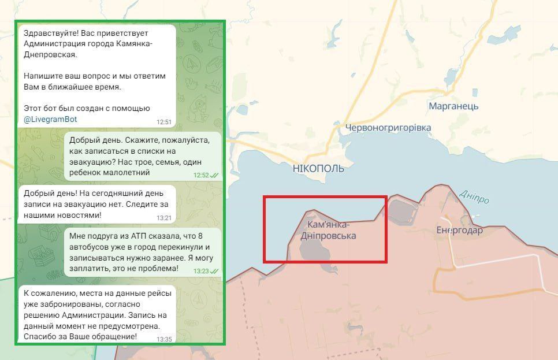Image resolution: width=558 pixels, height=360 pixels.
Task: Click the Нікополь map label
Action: coord(318,168)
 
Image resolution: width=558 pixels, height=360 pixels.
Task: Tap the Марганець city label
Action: coord(453,106)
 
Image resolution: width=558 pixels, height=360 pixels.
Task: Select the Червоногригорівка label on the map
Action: coord(388,127)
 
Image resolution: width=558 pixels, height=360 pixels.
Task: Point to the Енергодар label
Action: coord(460,230)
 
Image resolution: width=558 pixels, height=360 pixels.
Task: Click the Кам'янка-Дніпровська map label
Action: coord(328,230)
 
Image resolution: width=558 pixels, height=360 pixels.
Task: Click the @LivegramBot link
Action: coord(51,119)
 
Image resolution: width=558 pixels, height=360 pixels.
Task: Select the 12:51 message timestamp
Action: coord(164,122)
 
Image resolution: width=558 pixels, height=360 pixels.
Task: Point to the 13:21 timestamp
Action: coord(164,218)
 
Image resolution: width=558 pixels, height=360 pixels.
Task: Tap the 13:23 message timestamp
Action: coord(201,270)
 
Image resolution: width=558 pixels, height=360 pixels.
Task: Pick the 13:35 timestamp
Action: coord(164,339)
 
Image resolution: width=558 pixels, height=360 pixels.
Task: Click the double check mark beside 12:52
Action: coord(214,175)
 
